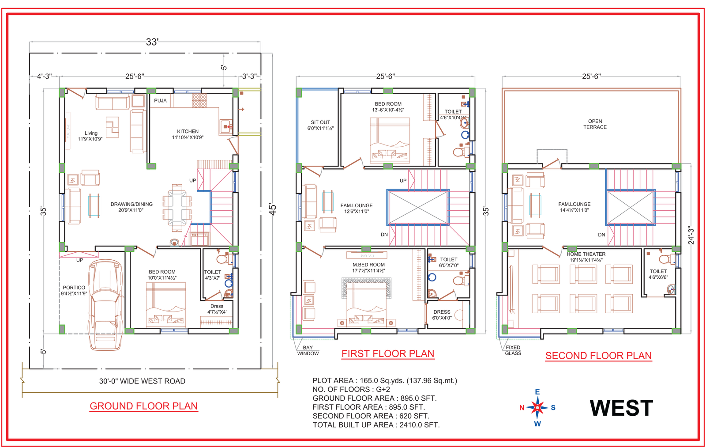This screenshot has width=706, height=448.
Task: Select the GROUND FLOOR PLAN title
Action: click(x=144, y=406)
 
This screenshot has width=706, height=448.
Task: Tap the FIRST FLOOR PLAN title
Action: click(x=388, y=354)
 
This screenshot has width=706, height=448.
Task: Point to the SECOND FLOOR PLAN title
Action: click(x=598, y=356)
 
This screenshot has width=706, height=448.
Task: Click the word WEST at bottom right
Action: click(x=621, y=408)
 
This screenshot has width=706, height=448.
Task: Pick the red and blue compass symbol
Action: click(x=537, y=407)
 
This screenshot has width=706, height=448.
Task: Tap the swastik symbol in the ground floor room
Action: click(x=112, y=126)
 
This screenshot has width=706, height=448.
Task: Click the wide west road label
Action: click(x=142, y=381)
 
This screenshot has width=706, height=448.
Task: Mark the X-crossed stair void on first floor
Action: click(x=418, y=207)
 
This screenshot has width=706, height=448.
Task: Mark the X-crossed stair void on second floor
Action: click(x=631, y=207)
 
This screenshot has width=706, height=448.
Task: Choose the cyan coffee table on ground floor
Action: click(x=94, y=205)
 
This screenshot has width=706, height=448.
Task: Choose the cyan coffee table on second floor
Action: click(x=535, y=205)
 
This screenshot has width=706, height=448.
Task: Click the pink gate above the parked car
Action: click(x=79, y=255)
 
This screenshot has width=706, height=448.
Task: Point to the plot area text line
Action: click(x=384, y=380)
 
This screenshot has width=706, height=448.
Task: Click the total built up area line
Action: click(x=376, y=425)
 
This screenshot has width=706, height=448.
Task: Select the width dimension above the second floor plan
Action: click(x=591, y=77)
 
